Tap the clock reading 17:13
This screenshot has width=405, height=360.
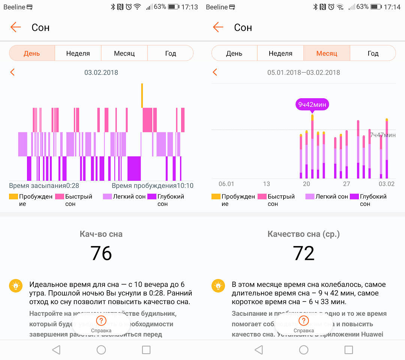click(189, 7)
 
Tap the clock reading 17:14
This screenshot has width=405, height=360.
click(392, 7)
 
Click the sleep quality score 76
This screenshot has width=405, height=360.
click(101, 253)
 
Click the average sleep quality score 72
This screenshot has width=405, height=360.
click(304, 253)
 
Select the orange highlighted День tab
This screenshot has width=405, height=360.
click(32, 53)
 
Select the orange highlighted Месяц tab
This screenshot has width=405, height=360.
click(327, 53)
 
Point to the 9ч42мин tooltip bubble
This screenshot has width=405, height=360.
click(312, 105)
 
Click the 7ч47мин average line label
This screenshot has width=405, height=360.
click(382, 135)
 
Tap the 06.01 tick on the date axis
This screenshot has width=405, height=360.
click(226, 184)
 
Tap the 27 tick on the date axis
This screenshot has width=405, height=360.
click(346, 184)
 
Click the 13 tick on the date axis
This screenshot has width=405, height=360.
click(266, 184)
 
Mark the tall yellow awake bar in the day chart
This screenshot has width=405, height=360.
click(142, 95)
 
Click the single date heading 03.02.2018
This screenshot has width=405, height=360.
click(101, 72)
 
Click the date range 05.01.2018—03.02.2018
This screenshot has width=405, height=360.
click(304, 72)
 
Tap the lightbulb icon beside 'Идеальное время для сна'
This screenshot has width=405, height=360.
click(15, 286)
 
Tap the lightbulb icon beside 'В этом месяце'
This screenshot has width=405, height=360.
click(218, 286)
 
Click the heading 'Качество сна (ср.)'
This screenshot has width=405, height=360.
click(304, 234)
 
